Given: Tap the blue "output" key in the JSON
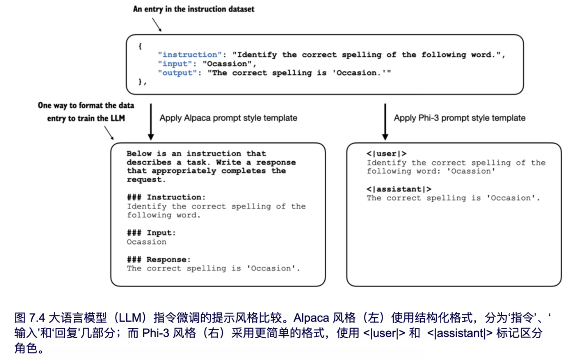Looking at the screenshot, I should coord(176,73).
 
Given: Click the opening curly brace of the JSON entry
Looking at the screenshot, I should coord(141,46).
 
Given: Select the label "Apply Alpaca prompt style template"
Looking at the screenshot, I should coord(228,118).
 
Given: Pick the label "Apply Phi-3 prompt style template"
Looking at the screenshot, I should coord(459,118).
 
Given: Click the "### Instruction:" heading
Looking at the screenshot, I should coord(166,197).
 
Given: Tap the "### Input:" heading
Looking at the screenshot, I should coord(151,233).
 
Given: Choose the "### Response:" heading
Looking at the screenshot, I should coord(159,260).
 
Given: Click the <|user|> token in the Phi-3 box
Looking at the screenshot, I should coord(387,154).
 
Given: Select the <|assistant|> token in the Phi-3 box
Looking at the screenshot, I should coord(399,189).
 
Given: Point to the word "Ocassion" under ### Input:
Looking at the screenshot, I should coord(146,242).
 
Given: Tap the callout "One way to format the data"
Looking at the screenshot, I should coord(86,105).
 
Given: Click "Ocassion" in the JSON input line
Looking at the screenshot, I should coord(226,64).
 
